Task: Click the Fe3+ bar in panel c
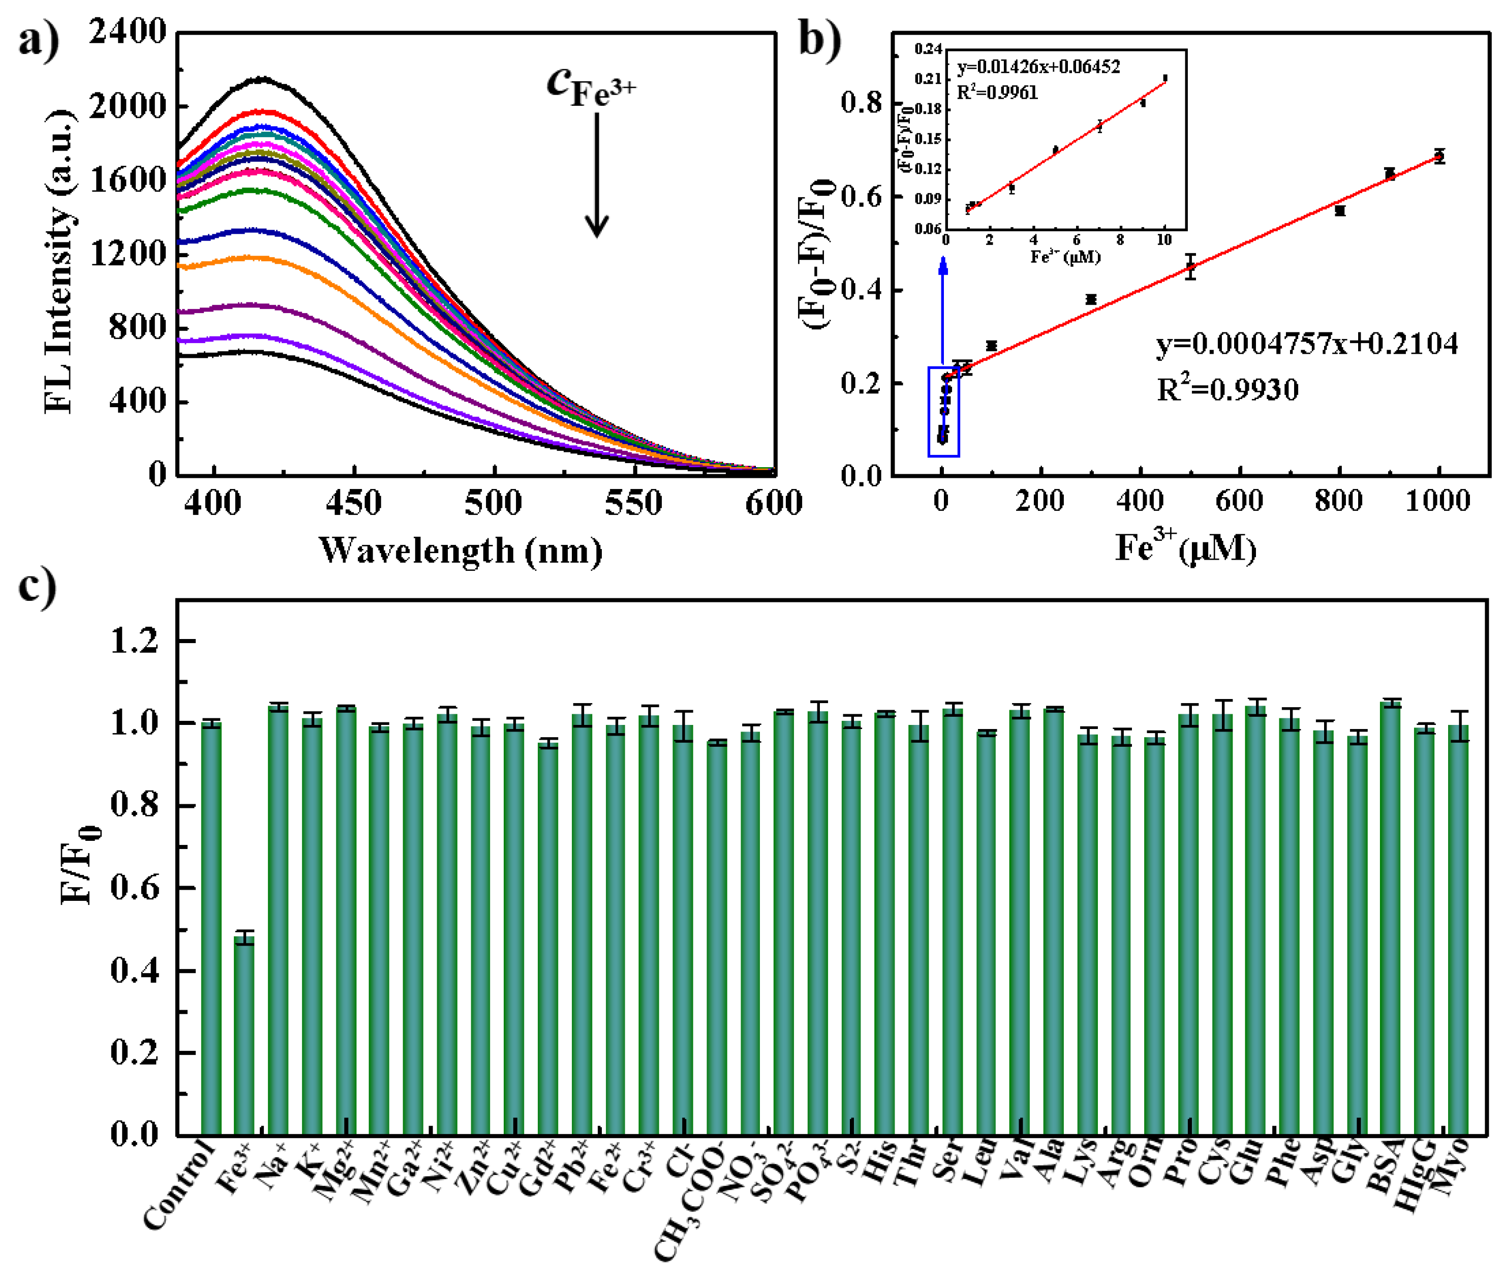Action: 244,1036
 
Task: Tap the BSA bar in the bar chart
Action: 1390,919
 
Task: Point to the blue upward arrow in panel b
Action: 942,311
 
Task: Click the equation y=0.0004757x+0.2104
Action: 1306,344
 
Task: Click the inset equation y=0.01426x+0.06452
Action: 1038,67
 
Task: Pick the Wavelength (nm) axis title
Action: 460,551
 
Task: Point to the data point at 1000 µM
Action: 1438,156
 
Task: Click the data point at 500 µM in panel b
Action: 1190,267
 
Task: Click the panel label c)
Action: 36,586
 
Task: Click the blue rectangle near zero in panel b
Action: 943,412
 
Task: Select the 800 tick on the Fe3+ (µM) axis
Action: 1339,501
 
